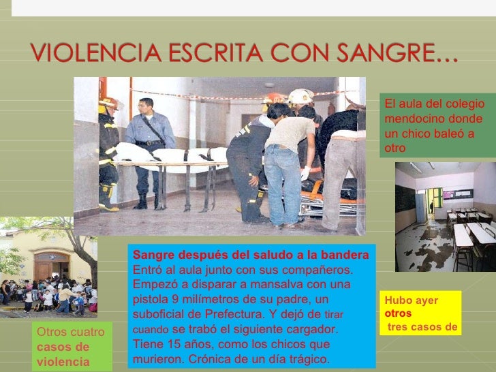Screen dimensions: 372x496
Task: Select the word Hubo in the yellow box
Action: pos(398,300)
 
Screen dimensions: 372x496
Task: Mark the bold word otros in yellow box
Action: pos(398,314)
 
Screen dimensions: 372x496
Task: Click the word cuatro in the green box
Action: pos(90,332)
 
